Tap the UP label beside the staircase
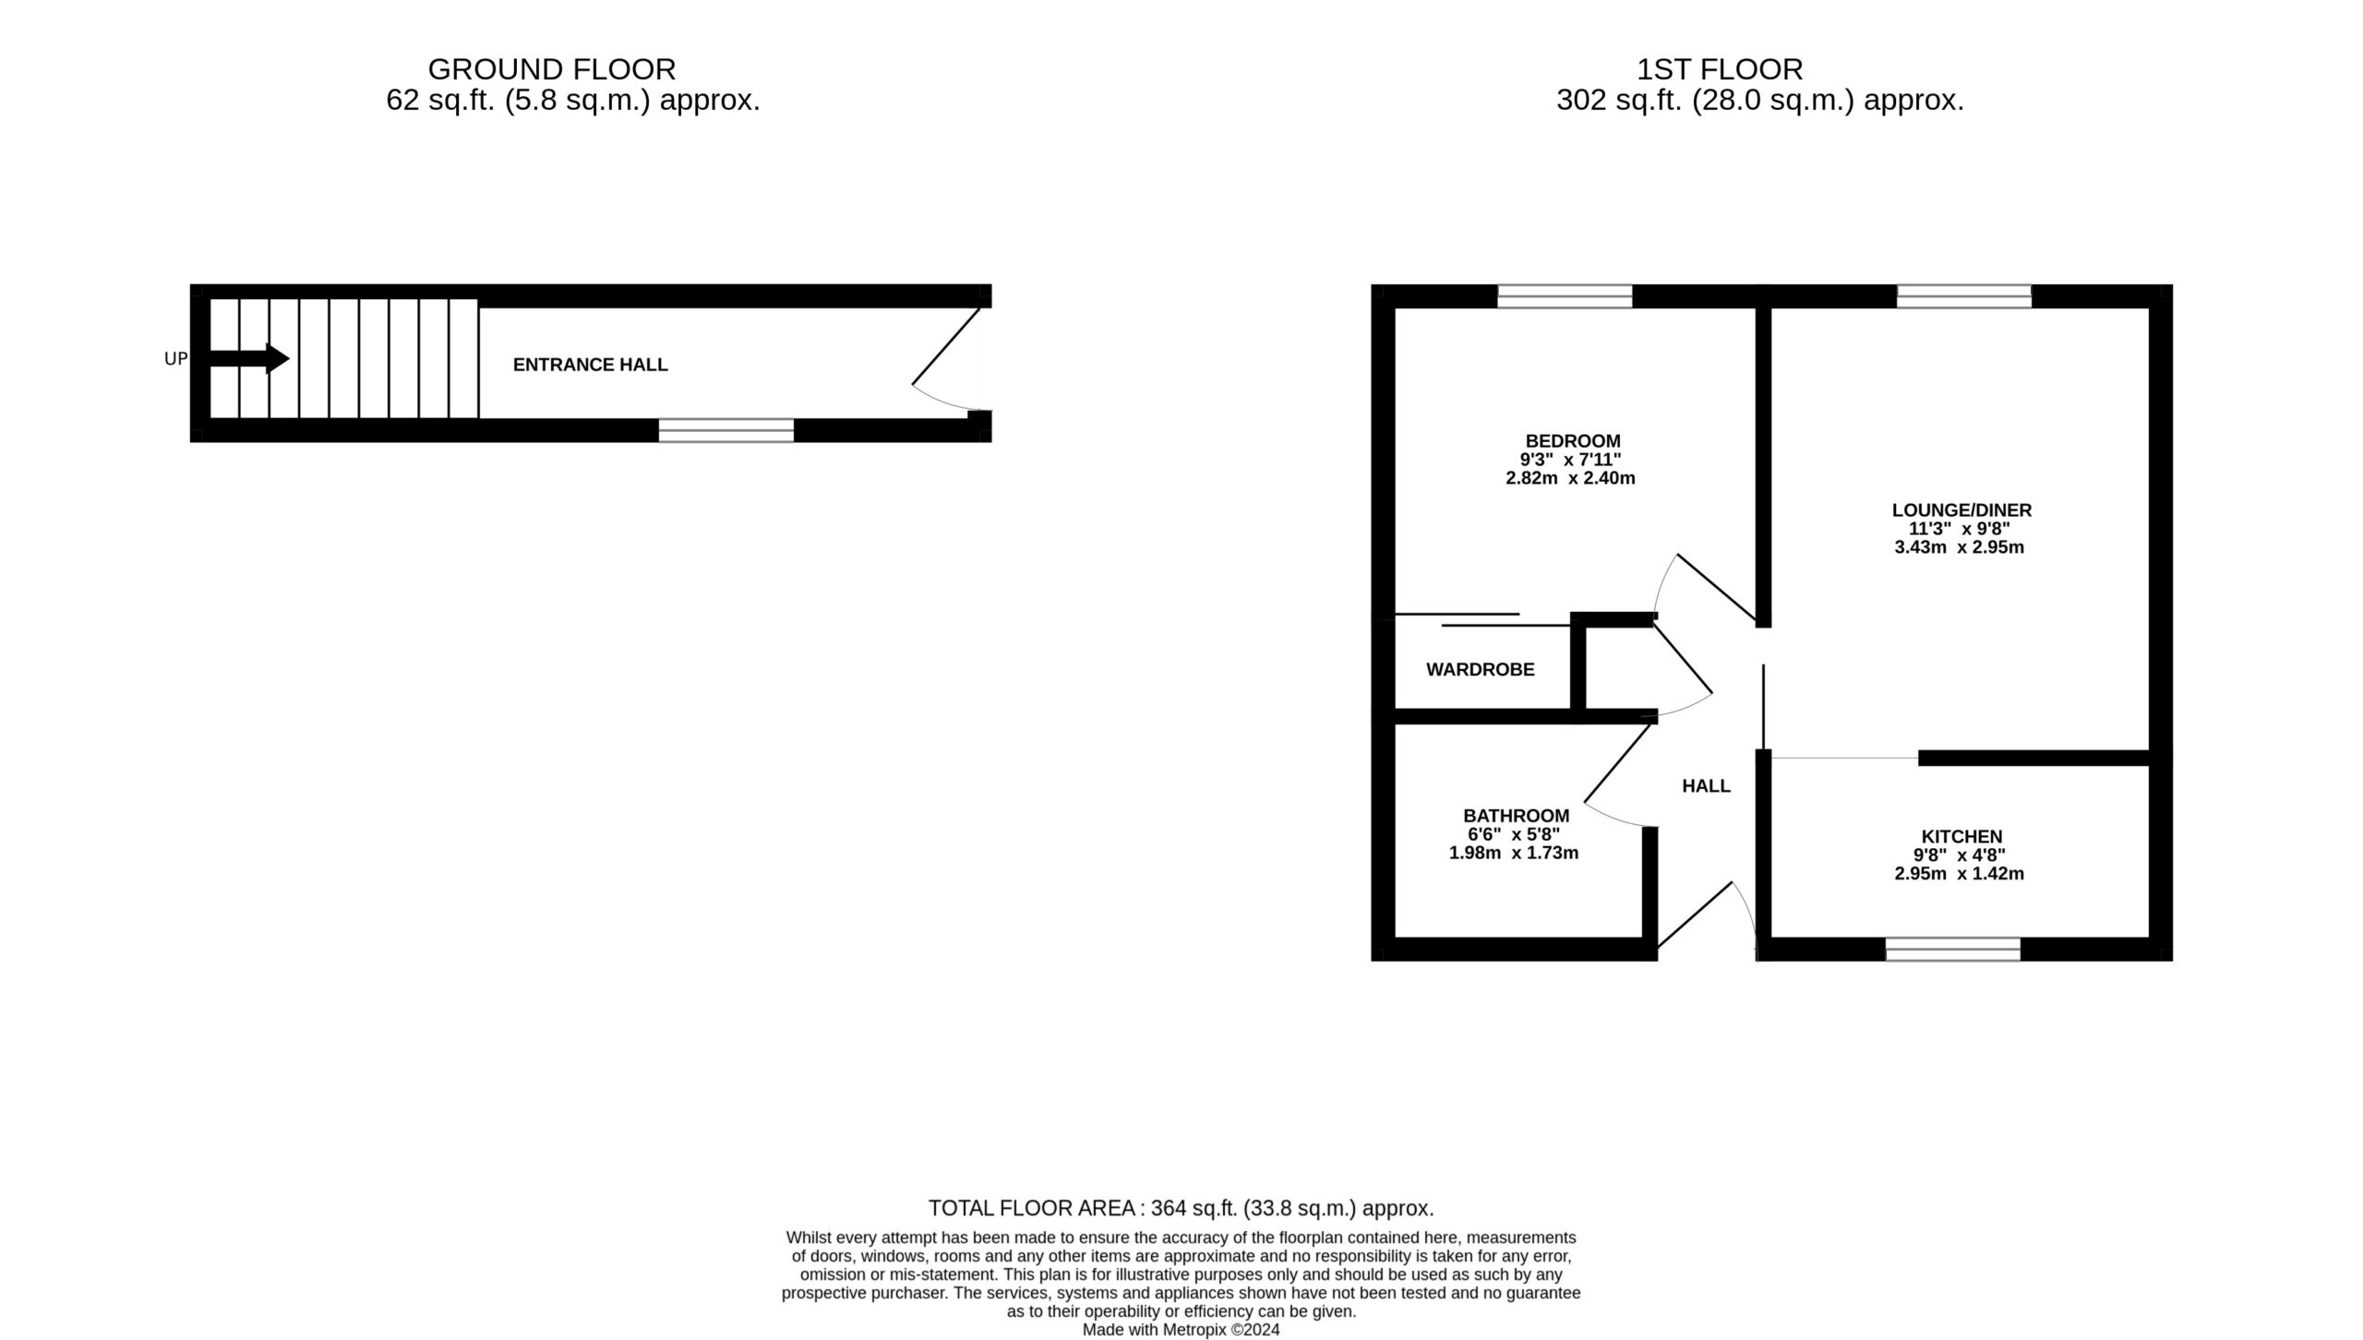175,359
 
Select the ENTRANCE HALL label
590,365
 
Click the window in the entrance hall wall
726,430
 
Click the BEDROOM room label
1573,441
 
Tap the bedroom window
1565,296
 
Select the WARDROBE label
1481,670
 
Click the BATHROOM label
1516,816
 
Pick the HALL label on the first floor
1706,786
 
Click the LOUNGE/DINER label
1961,510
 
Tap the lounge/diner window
1964,296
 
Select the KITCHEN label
1961,837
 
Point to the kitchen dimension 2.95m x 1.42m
1959,874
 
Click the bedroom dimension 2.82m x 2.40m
1570,478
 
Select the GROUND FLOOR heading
552,69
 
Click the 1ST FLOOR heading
1720,69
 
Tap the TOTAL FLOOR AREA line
1181,1208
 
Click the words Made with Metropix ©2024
1181,1330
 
